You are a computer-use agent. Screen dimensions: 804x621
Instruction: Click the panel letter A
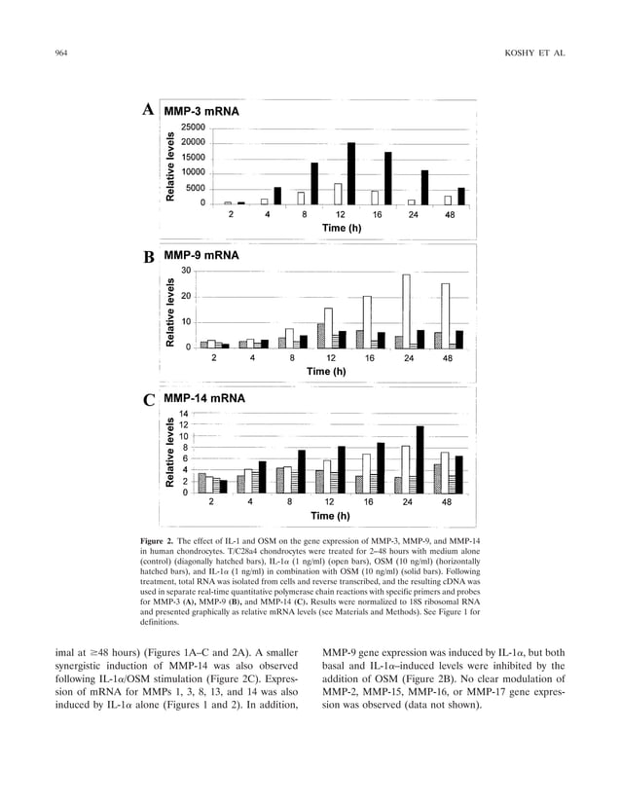(x=149, y=110)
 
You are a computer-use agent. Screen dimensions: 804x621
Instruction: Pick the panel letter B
(x=149, y=258)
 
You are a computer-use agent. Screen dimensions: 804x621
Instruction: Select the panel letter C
(x=149, y=399)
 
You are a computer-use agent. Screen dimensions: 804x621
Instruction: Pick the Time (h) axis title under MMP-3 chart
(x=345, y=228)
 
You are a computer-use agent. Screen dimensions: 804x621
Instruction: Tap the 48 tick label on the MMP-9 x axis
(x=448, y=358)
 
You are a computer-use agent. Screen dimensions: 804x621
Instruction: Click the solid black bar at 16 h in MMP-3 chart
(x=387, y=178)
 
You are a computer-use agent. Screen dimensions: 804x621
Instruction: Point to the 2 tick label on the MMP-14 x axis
(x=211, y=502)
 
